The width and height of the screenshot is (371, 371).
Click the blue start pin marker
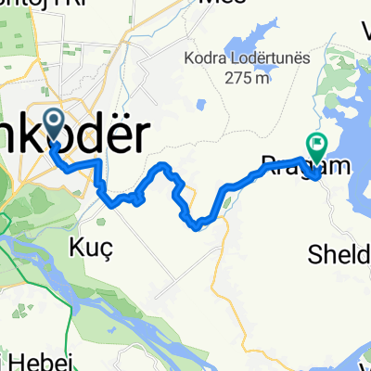[x=54, y=123]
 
